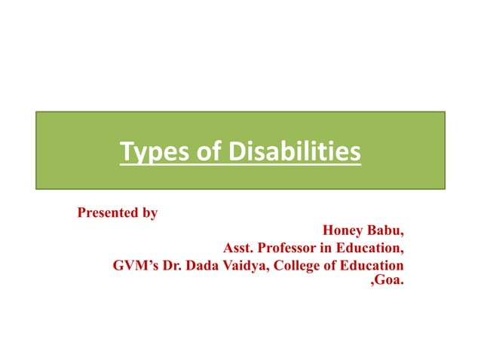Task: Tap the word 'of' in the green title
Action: coord(192,153)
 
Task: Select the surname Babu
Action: coord(387,230)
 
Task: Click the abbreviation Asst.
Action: coord(238,248)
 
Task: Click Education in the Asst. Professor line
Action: coord(372,248)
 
